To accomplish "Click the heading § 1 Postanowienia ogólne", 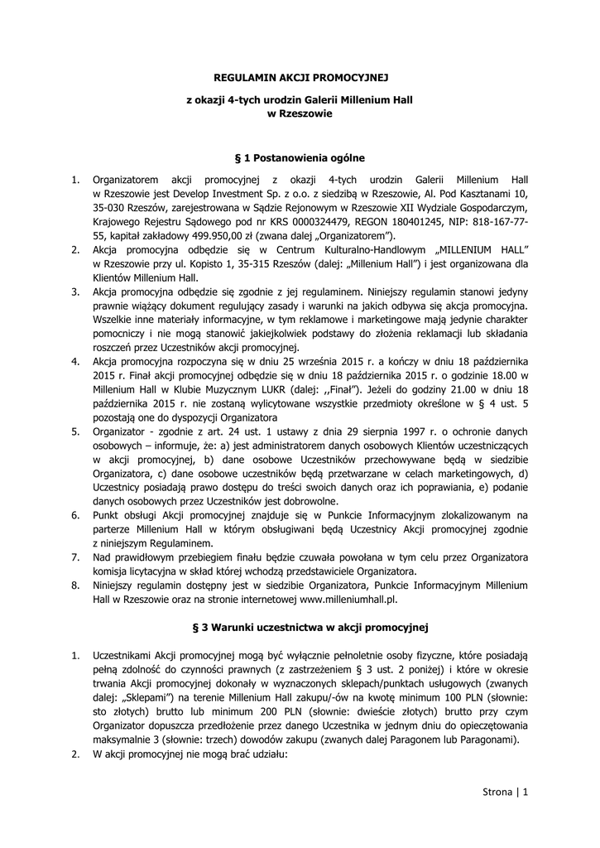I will tap(300, 157).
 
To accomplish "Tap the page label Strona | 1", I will tap(504, 793).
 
